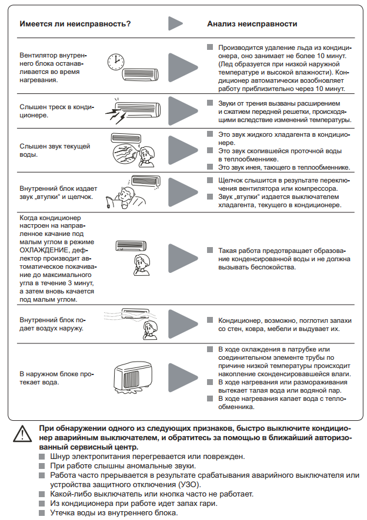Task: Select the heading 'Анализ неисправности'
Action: (252, 24)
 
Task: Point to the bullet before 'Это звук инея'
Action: (210, 167)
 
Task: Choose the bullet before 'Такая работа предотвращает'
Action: (210, 250)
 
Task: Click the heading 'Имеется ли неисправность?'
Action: (75, 24)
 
